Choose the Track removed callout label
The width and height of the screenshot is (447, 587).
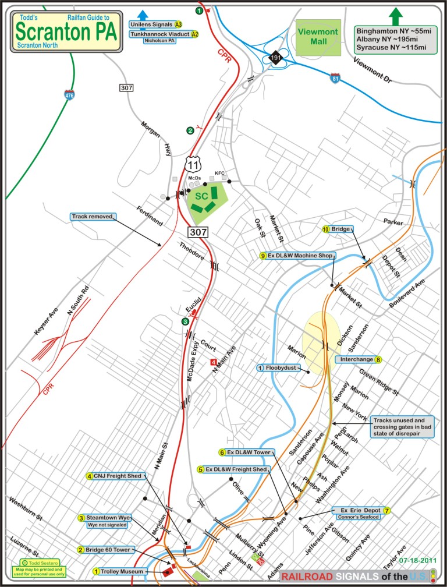coord(93,217)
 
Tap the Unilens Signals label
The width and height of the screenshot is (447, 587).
coord(155,24)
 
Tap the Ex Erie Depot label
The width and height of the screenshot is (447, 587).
coord(361,511)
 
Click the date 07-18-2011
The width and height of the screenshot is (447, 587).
coord(417,560)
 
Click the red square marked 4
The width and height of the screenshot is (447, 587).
coord(214,362)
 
